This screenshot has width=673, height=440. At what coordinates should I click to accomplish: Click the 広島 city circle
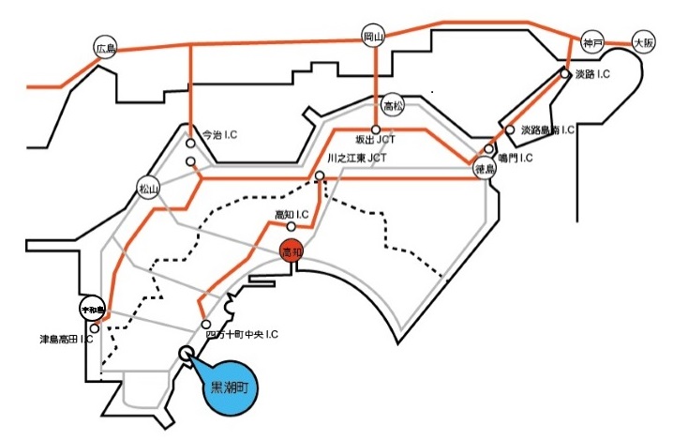pos(103,47)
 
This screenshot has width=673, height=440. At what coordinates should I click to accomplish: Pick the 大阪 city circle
pos(643,42)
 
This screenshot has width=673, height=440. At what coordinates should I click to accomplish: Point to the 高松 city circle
pos(393,105)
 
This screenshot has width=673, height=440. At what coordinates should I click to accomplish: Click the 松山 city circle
pos(149,188)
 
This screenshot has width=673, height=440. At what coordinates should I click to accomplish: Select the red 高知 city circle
pos(292,252)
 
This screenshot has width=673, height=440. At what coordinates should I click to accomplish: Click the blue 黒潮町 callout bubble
pos(230,387)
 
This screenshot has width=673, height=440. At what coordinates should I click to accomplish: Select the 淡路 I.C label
pos(594,73)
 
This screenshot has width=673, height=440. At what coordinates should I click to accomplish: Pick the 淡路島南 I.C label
pos(548,130)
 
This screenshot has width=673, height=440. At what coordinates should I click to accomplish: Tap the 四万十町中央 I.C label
pos(242,334)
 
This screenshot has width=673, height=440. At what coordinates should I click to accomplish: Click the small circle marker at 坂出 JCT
pos(375,129)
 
